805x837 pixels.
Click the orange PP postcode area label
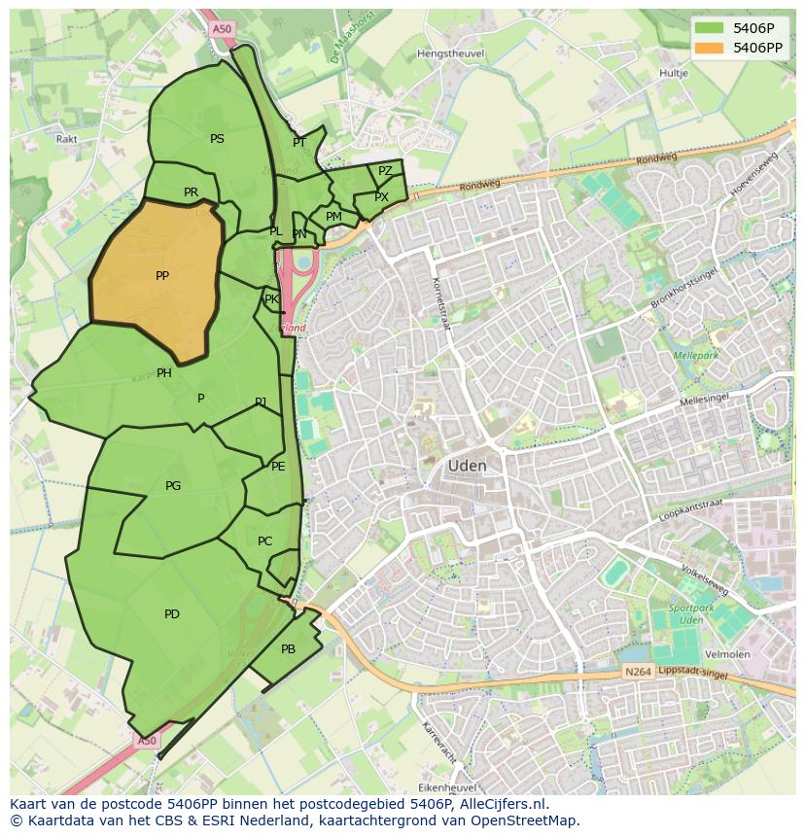click(x=162, y=276)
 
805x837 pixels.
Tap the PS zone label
click(x=217, y=139)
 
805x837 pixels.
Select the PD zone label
click(x=172, y=614)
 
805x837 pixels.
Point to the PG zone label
click(x=173, y=486)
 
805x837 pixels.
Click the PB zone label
click(x=288, y=649)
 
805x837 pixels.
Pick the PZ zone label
click(x=385, y=171)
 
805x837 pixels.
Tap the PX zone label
click(x=381, y=197)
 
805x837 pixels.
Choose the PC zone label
click(x=264, y=541)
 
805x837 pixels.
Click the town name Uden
click(x=467, y=467)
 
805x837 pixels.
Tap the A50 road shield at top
click(x=222, y=30)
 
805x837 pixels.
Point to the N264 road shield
click(x=637, y=673)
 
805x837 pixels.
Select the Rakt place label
click(x=67, y=139)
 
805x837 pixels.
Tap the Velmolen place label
click(x=729, y=654)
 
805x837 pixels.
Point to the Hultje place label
click(x=673, y=73)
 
